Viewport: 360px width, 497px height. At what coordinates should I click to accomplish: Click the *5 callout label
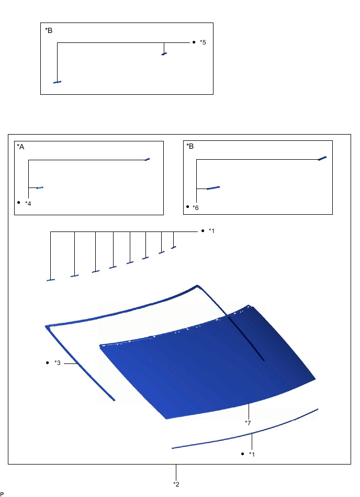[x=203, y=42]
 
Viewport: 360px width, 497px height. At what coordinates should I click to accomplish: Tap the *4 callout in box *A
[x=28, y=203]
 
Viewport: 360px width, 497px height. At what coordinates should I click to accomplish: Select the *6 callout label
[x=196, y=208]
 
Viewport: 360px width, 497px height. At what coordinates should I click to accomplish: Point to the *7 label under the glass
[x=248, y=422]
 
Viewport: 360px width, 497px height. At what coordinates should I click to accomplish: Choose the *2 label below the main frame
[x=176, y=484]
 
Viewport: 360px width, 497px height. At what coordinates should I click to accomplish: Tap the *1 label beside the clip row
[x=211, y=231]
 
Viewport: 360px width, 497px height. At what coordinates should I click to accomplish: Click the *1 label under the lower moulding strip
[x=252, y=454]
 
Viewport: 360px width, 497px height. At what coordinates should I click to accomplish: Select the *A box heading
[x=21, y=147]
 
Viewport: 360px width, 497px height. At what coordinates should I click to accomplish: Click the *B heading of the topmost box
[x=49, y=30]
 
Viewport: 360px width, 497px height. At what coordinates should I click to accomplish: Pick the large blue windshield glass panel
[x=209, y=367]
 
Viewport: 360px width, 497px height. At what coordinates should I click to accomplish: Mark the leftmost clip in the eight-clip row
[x=51, y=280]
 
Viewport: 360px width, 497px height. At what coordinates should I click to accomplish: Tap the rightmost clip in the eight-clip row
[x=174, y=247]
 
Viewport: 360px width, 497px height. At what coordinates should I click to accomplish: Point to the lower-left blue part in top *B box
[x=57, y=82]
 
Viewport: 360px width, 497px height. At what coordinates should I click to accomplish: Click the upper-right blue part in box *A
[x=148, y=159]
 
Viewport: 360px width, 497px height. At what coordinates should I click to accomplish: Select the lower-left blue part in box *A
[x=40, y=187]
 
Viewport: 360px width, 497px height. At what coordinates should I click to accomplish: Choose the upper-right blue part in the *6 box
[x=322, y=158]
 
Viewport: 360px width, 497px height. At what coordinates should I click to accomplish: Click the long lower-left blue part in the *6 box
[x=213, y=187]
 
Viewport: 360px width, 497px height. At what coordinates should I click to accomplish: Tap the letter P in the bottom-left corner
[x=2, y=493]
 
